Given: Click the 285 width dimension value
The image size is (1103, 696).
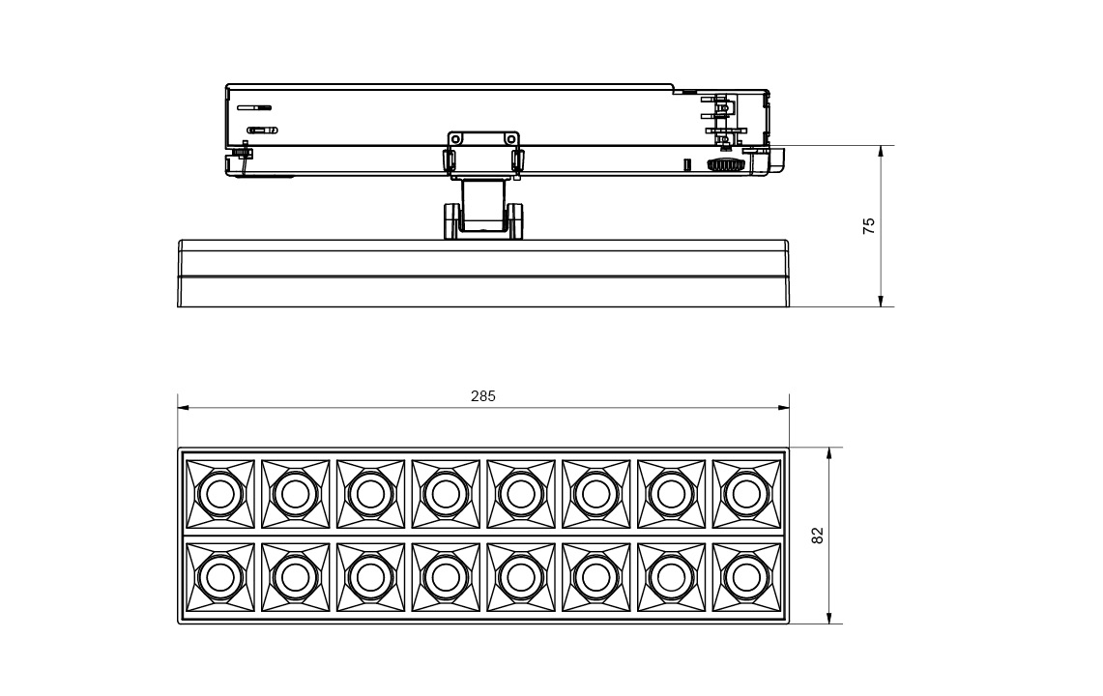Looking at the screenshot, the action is coord(483,396).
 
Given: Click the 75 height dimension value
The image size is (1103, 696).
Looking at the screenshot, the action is coord(869,226).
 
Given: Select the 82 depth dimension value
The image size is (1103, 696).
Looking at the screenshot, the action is coord(817,536).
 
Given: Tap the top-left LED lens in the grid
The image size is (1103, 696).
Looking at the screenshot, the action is coord(219,494).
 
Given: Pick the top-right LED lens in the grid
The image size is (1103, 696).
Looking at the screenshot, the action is coord(745,494).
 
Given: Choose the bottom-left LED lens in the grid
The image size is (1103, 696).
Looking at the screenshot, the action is coord(219,577).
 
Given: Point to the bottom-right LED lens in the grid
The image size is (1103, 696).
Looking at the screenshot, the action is coord(745,577).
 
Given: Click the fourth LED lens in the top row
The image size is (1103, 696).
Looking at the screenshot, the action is coord(446,494).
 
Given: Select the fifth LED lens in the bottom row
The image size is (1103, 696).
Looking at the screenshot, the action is coord(520,577).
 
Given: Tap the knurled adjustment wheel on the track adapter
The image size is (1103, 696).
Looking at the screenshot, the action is coord(726,165).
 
